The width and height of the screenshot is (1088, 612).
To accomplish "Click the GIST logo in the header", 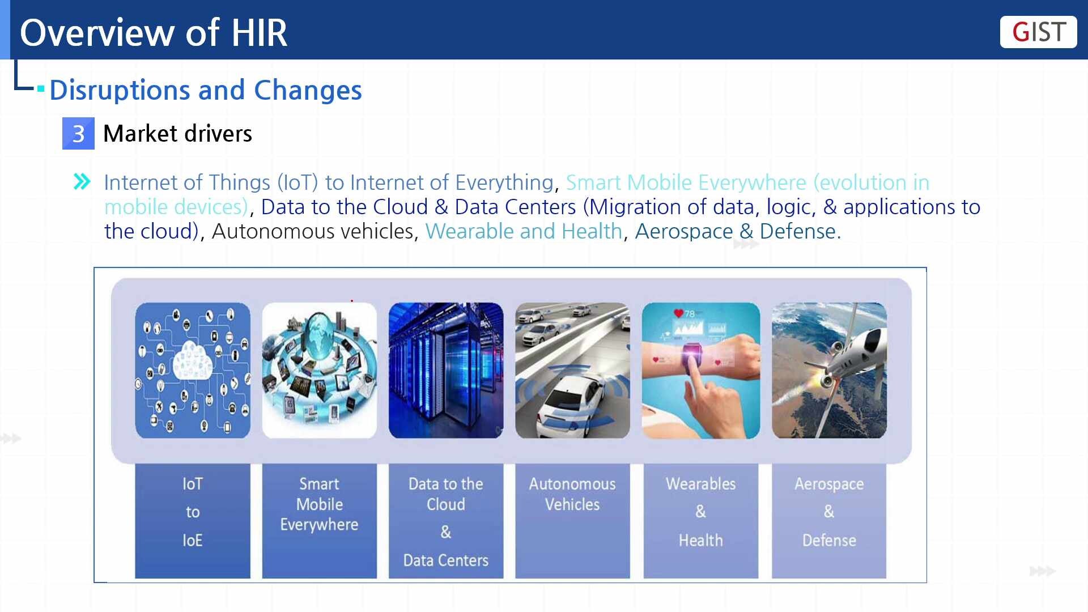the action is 1038,32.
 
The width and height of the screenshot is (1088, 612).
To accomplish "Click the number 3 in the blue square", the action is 78,134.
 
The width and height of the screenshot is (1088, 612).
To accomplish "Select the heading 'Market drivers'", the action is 177,134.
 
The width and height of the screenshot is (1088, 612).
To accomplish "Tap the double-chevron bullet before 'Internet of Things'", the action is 82,182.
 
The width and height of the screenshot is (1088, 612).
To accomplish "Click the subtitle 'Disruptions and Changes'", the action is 206,90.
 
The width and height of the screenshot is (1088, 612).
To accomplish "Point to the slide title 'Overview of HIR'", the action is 154,32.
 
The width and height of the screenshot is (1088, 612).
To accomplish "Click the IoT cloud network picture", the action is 193,370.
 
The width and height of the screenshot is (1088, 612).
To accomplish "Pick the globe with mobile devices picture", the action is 320,370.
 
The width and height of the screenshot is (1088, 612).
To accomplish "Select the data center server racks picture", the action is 446,370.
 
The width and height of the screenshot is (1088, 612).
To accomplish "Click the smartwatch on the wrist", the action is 693,357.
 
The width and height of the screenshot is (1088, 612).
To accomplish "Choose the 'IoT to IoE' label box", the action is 193,521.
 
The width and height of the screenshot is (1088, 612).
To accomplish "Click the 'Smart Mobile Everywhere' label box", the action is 320,521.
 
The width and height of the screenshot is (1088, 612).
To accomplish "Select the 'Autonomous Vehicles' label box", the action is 572,521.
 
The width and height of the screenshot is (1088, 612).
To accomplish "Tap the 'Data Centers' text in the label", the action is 446,560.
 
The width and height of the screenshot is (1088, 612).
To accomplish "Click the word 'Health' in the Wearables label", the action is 701,540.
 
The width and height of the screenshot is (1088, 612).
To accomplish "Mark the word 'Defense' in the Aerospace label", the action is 829,540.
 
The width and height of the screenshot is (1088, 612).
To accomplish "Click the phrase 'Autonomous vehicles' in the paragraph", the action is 313,231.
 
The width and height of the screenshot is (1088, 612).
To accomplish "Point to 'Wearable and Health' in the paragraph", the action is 524,231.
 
